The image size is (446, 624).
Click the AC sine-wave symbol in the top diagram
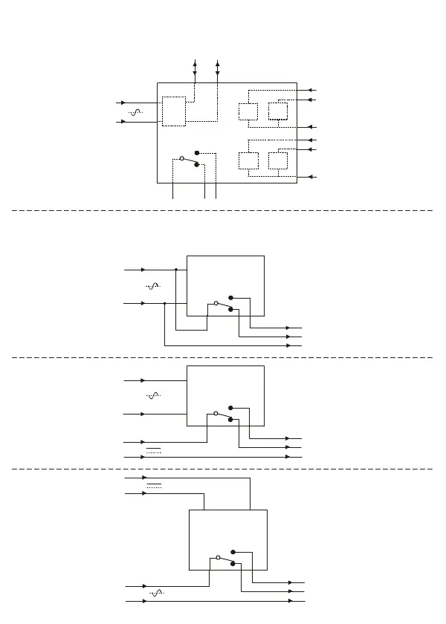(x=135, y=112)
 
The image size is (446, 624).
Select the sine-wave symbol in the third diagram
(x=153, y=397)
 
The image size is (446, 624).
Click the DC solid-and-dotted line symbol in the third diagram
(x=155, y=449)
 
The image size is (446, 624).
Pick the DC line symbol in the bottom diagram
(x=155, y=486)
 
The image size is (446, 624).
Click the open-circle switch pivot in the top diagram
(x=182, y=158)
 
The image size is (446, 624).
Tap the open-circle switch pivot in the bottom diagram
(x=218, y=557)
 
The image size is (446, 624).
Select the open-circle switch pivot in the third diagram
(x=215, y=413)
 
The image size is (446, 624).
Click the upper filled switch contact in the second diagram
(x=230, y=297)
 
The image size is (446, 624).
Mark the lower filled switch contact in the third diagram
(x=230, y=420)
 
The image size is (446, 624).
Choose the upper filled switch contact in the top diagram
(x=196, y=152)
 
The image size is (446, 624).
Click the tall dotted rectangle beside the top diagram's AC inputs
(x=173, y=111)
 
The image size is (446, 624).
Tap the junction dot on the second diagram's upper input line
(x=175, y=270)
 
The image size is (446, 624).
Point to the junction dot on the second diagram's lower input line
(x=164, y=303)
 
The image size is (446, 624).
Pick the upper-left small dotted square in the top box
(x=248, y=112)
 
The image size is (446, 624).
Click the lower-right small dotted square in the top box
(x=277, y=160)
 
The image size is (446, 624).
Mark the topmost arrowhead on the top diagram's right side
(x=311, y=89)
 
